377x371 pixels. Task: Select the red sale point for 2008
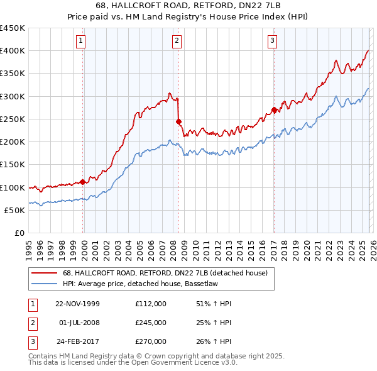coord(179,121)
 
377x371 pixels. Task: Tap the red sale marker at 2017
coord(275,110)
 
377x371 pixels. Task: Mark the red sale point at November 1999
coord(83,182)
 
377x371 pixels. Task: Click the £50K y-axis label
coord(14,210)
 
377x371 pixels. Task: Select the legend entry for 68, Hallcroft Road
coord(165,273)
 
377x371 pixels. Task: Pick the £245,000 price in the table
coord(150,323)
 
